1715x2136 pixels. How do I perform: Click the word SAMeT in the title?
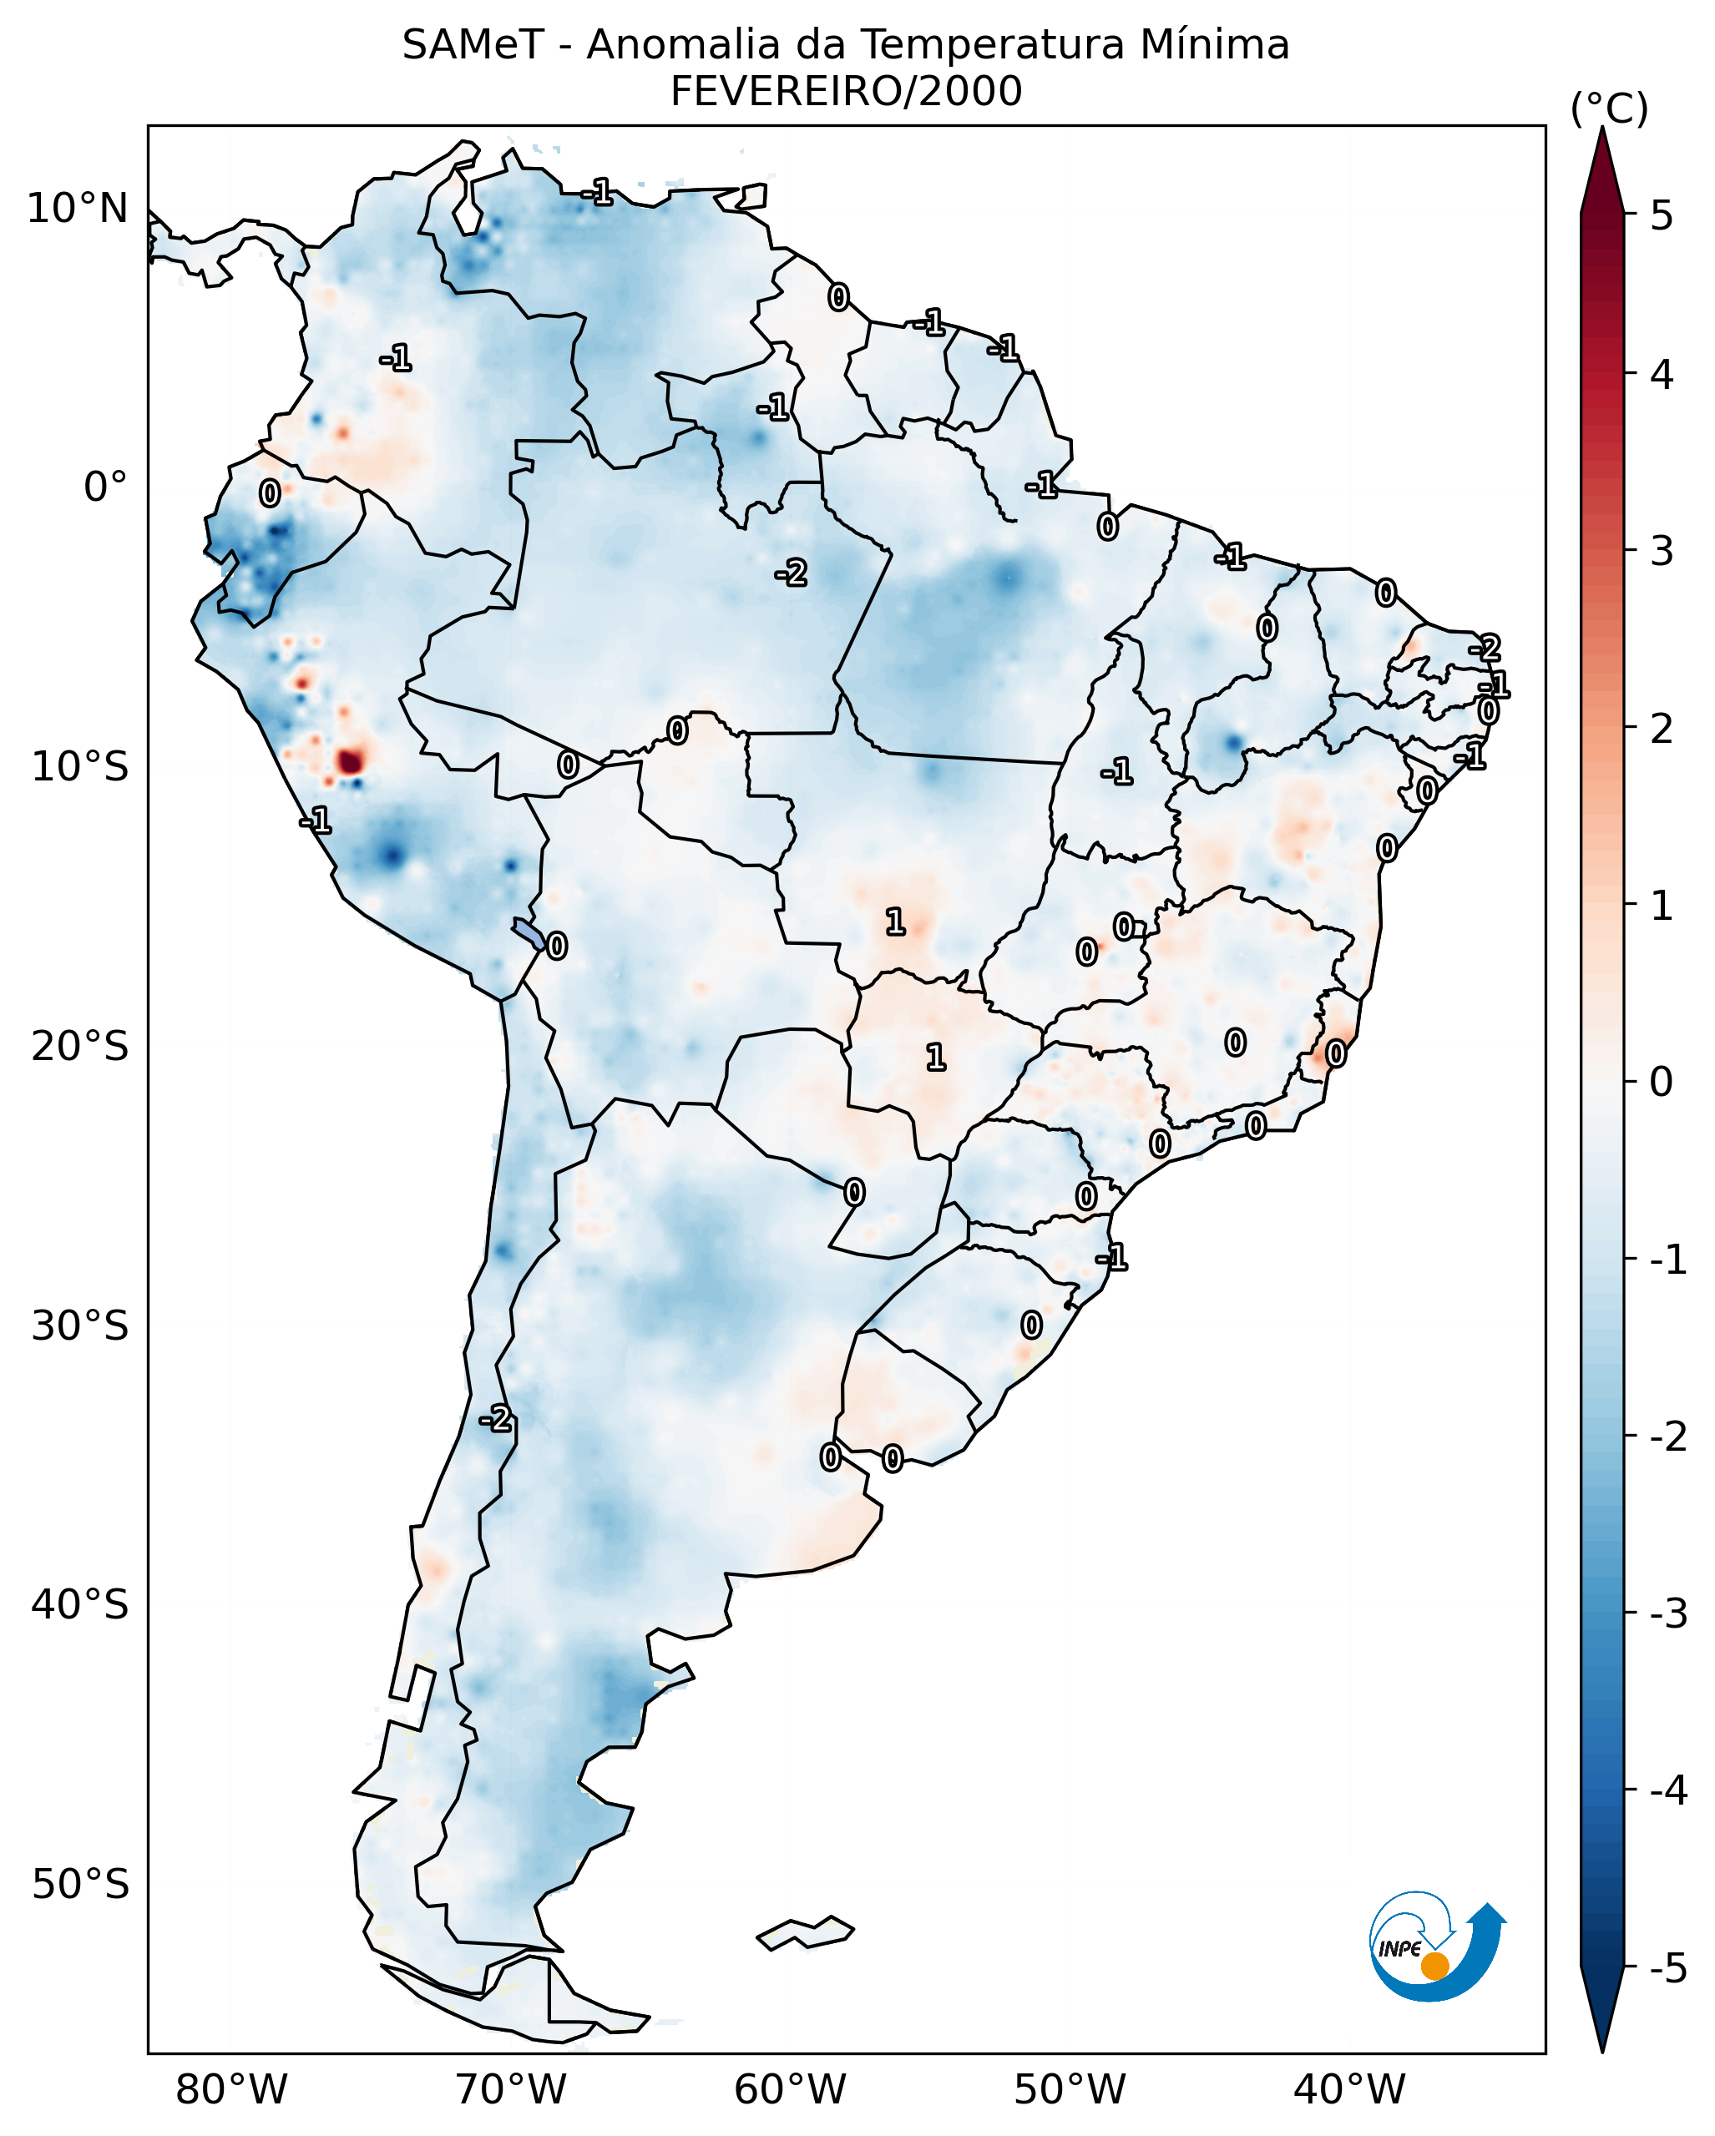472,46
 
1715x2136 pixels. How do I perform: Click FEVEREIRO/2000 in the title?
845,92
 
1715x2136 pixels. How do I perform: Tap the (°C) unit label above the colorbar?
1609,109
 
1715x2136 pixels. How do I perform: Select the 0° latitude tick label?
105,487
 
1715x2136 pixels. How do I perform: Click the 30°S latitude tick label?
79,1326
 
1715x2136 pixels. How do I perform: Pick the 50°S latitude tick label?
79,1885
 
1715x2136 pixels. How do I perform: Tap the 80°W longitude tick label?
230,2090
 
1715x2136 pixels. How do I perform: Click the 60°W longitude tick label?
790,2090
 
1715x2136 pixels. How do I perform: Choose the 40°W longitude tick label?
1348,2090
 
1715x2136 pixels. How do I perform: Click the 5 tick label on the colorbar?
1662,216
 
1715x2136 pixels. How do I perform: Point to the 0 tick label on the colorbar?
1661,1081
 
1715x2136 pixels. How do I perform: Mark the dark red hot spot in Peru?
350,761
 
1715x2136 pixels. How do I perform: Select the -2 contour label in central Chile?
495,1420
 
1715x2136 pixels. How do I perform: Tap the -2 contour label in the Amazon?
791,572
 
